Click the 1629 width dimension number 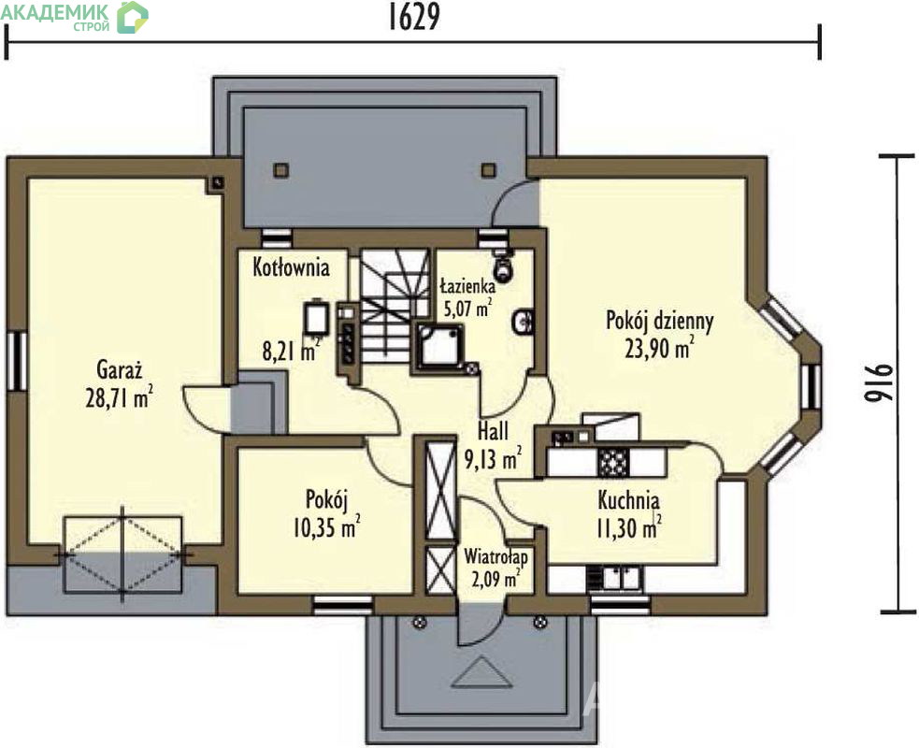tap(414, 18)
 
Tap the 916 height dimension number tap(879, 384)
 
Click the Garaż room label tap(120, 370)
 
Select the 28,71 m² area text tap(120, 397)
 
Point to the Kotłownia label tap(291, 267)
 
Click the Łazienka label tap(467, 287)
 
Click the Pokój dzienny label tap(659, 322)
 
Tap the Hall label tap(493, 431)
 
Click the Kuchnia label tap(628, 501)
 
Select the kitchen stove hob tap(613, 463)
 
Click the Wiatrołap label tap(495, 556)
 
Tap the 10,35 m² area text tap(326, 526)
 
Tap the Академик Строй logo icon tap(133, 17)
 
